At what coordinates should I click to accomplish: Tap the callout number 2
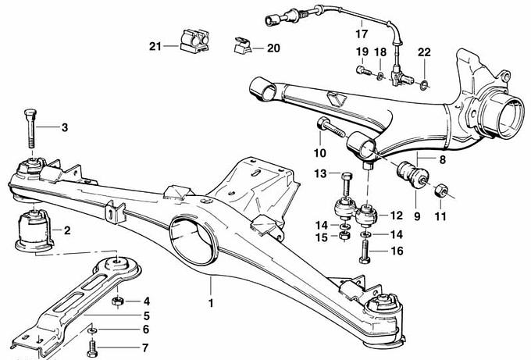[67, 230]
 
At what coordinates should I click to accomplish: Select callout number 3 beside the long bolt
[65, 127]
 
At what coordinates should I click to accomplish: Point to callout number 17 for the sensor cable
[361, 34]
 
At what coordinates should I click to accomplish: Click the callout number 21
[155, 47]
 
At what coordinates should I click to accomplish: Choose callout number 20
[272, 48]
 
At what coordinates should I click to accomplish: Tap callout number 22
[424, 52]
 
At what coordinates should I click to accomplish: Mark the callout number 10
[320, 152]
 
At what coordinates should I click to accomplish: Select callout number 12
[396, 215]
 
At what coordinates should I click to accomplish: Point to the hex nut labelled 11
[441, 189]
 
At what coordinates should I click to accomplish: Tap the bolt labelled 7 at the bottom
[93, 345]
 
